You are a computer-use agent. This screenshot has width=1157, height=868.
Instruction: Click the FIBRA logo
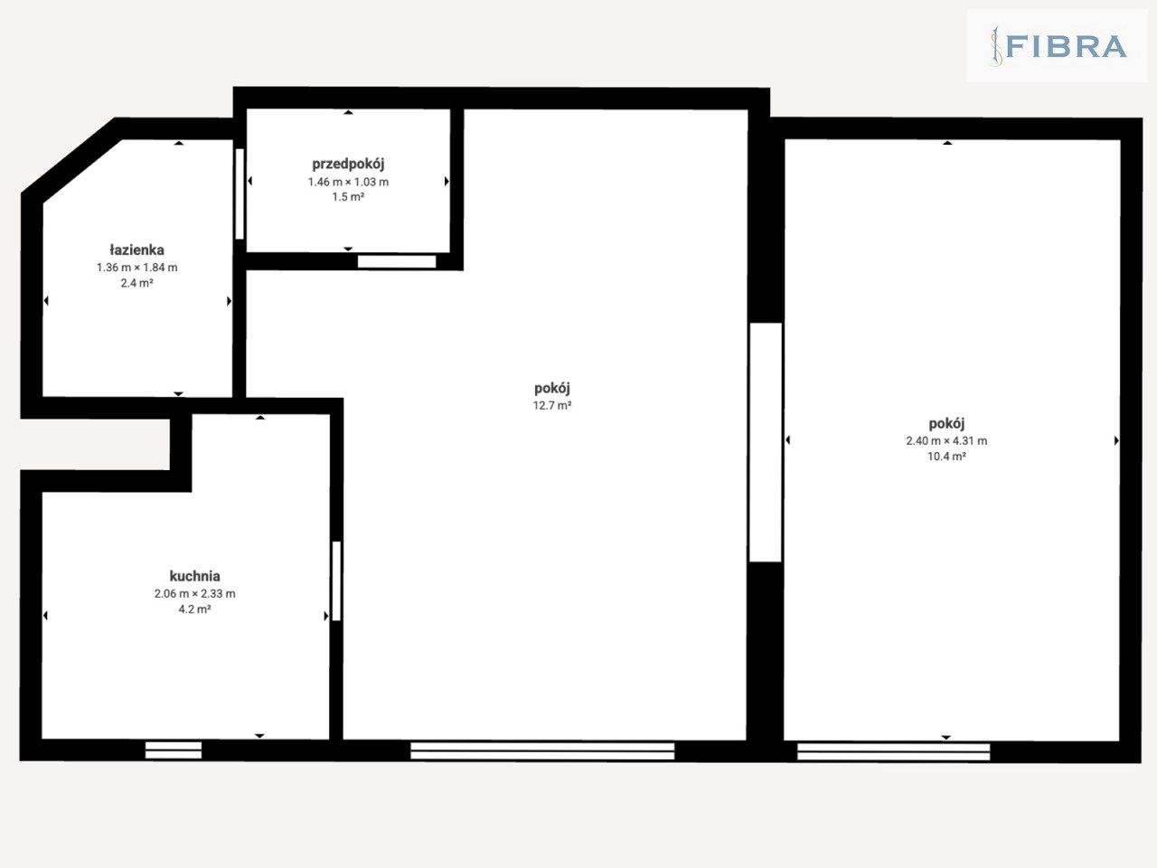pyautogui.click(x=1058, y=46)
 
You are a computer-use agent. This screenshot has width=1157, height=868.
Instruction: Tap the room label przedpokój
pyautogui.click(x=348, y=164)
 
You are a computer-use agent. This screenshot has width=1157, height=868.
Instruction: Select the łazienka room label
pyautogui.click(x=136, y=250)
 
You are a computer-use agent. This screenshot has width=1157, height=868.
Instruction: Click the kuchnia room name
pyautogui.click(x=194, y=576)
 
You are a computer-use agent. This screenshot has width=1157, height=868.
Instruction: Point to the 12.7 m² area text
pyautogui.click(x=552, y=405)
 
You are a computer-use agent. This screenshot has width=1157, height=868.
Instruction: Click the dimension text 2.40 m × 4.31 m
pyautogui.click(x=946, y=440)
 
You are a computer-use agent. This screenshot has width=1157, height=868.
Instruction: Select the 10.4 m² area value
pyautogui.click(x=946, y=457)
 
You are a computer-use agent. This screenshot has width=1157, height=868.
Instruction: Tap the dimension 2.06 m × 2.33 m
pyautogui.click(x=194, y=593)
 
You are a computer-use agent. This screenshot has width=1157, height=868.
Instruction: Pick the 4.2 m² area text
pyautogui.click(x=194, y=609)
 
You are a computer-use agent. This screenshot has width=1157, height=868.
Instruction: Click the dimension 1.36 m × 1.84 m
pyautogui.click(x=136, y=268)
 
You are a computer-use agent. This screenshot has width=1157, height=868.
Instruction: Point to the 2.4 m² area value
pyautogui.click(x=136, y=283)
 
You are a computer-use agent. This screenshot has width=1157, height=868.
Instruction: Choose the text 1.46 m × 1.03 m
pyautogui.click(x=348, y=182)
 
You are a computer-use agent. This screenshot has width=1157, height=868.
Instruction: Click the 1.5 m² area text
pyautogui.click(x=348, y=197)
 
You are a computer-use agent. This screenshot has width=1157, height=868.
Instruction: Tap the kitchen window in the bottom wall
pyautogui.click(x=174, y=750)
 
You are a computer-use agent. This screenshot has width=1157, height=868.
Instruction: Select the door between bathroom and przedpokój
pyautogui.click(x=240, y=193)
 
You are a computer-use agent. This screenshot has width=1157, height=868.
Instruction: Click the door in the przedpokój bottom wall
pyautogui.click(x=397, y=261)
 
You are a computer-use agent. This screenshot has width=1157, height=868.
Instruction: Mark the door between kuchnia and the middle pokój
pyautogui.click(x=336, y=580)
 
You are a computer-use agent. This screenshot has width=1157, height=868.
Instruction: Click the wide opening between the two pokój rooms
pyautogui.click(x=766, y=442)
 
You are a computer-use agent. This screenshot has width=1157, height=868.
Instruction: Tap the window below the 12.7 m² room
pyautogui.click(x=542, y=751)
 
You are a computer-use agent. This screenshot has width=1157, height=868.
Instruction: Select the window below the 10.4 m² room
pyautogui.click(x=893, y=752)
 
